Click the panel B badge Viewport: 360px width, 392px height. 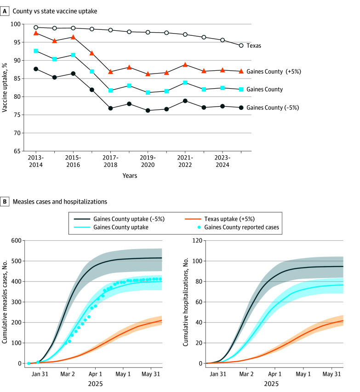(7, 201)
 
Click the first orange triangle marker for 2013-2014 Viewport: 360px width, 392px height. (36, 33)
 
